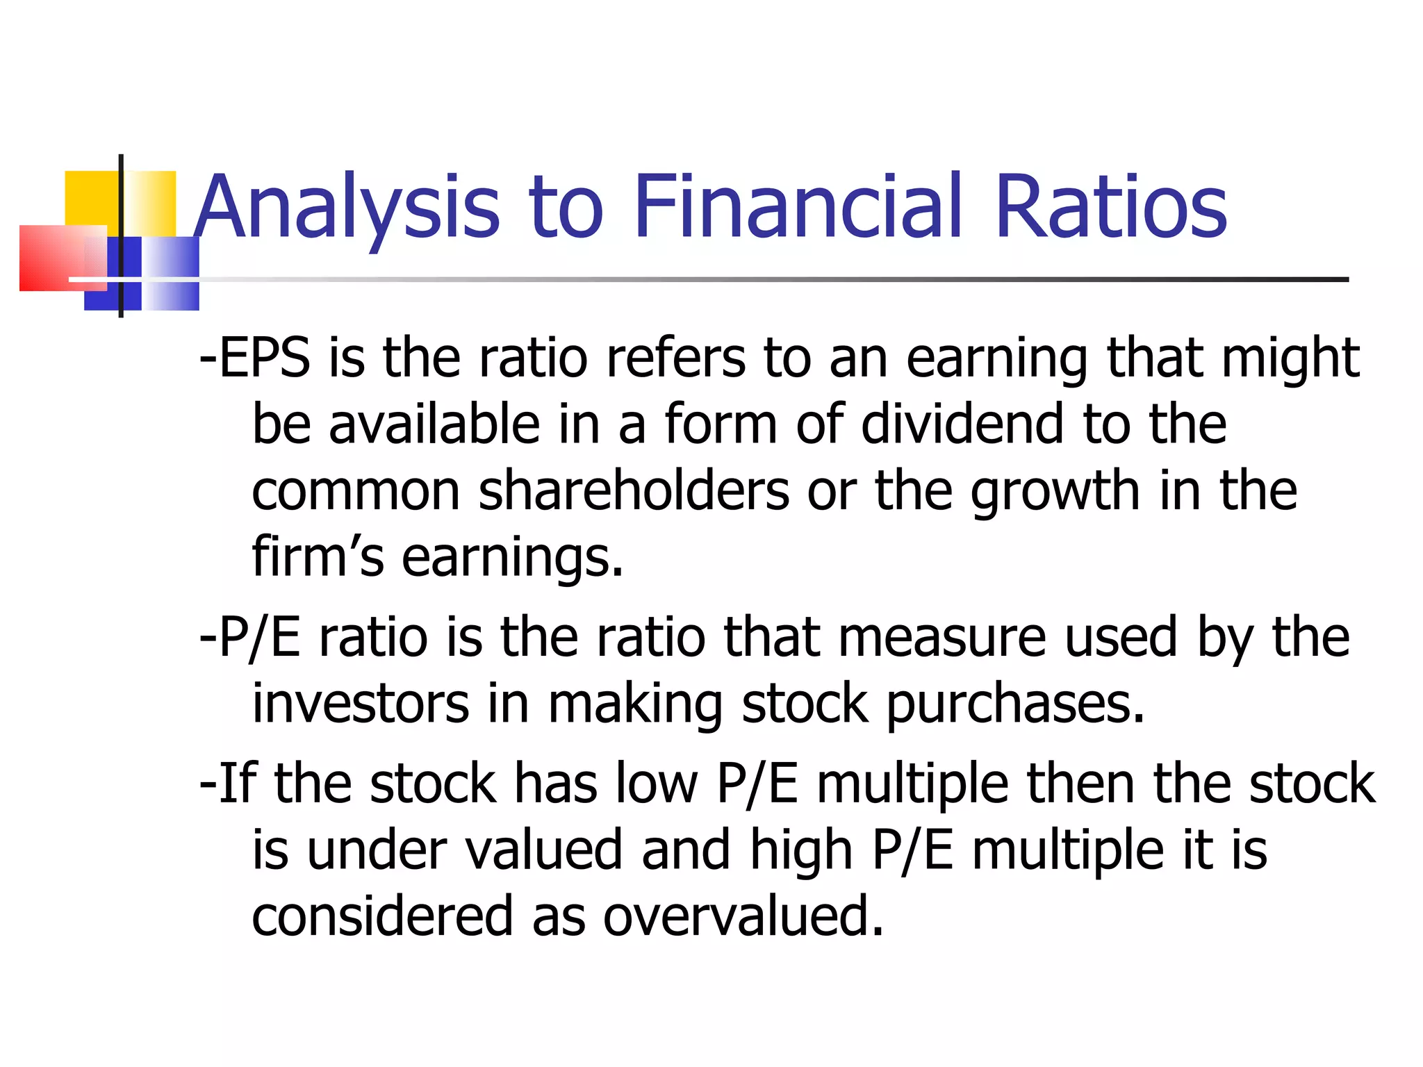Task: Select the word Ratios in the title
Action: coord(1111,206)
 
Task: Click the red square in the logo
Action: coord(52,257)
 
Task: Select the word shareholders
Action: coord(634,490)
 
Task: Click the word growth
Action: coord(1055,492)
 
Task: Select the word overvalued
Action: coord(743,916)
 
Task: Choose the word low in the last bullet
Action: coord(657,784)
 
